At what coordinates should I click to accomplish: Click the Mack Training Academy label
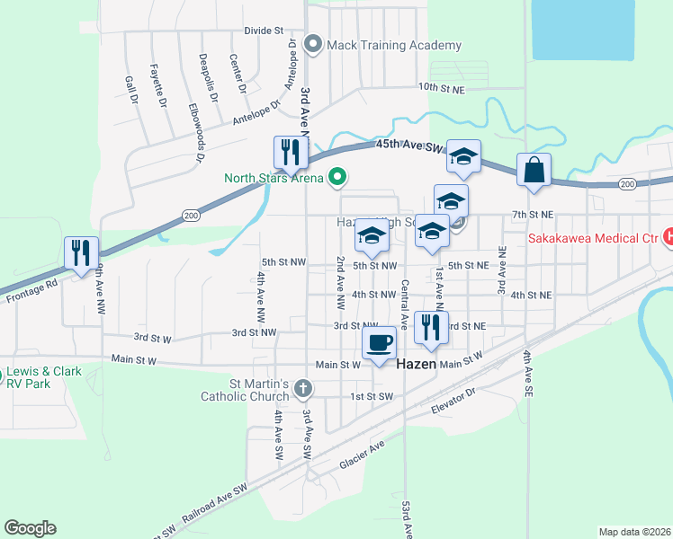(x=394, y=46)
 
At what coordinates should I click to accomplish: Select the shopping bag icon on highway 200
(x=534, y=170)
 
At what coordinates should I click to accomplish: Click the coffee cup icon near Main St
(x=379, y=341)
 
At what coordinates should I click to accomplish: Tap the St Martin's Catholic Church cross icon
(x=304, y=388)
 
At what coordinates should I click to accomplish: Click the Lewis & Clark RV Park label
(x=41, y=377)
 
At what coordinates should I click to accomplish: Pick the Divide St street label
(x=264, y=31)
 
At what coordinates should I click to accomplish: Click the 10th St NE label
(x=440, y=88)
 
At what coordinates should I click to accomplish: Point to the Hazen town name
(x=417, y=366)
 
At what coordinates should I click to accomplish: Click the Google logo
(x=30, y=528)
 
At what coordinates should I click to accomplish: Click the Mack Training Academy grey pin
(x=314, y=43)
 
